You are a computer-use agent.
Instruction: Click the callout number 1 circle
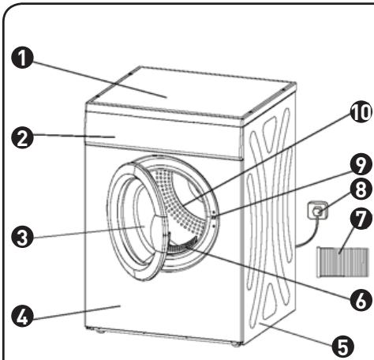23,58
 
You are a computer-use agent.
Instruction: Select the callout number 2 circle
23,137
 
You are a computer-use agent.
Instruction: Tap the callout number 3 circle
23,237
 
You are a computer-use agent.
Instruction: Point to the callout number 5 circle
342,346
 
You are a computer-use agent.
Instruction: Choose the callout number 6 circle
361,300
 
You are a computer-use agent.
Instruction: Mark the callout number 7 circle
361,219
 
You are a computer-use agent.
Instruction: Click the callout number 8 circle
361,189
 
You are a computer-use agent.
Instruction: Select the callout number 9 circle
361,164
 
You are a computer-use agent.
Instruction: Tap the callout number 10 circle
361,112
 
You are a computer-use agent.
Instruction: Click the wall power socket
318,210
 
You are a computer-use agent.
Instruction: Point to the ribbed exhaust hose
342,262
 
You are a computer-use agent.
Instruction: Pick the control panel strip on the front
163,137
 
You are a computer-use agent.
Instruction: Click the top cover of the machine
191,92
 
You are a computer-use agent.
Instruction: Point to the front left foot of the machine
99,332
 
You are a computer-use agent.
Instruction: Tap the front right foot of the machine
236,344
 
